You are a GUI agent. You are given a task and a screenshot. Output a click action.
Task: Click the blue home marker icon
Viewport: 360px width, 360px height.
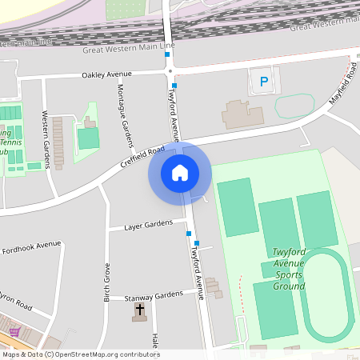coord(179,172)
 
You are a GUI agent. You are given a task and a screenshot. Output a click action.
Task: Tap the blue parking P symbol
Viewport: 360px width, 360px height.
coord(263,80)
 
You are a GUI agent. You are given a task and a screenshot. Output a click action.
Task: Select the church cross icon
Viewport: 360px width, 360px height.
coord(140,309)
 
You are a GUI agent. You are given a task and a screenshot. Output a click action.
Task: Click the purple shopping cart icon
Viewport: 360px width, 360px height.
coord(14,330)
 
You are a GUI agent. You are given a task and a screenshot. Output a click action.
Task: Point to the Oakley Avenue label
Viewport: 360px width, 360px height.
coord(106,74)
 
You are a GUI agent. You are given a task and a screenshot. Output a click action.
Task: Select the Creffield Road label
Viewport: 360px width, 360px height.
coord(143,156)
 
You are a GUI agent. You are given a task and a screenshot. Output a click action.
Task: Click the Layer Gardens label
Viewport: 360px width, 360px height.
coord(148,226)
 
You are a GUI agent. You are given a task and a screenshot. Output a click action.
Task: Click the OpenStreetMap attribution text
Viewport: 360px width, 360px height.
coord(80,354)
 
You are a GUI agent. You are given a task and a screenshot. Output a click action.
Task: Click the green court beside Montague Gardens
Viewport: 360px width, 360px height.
coord(88,138)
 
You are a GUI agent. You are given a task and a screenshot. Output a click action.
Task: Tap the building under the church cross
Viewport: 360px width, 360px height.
coord(140,318)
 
